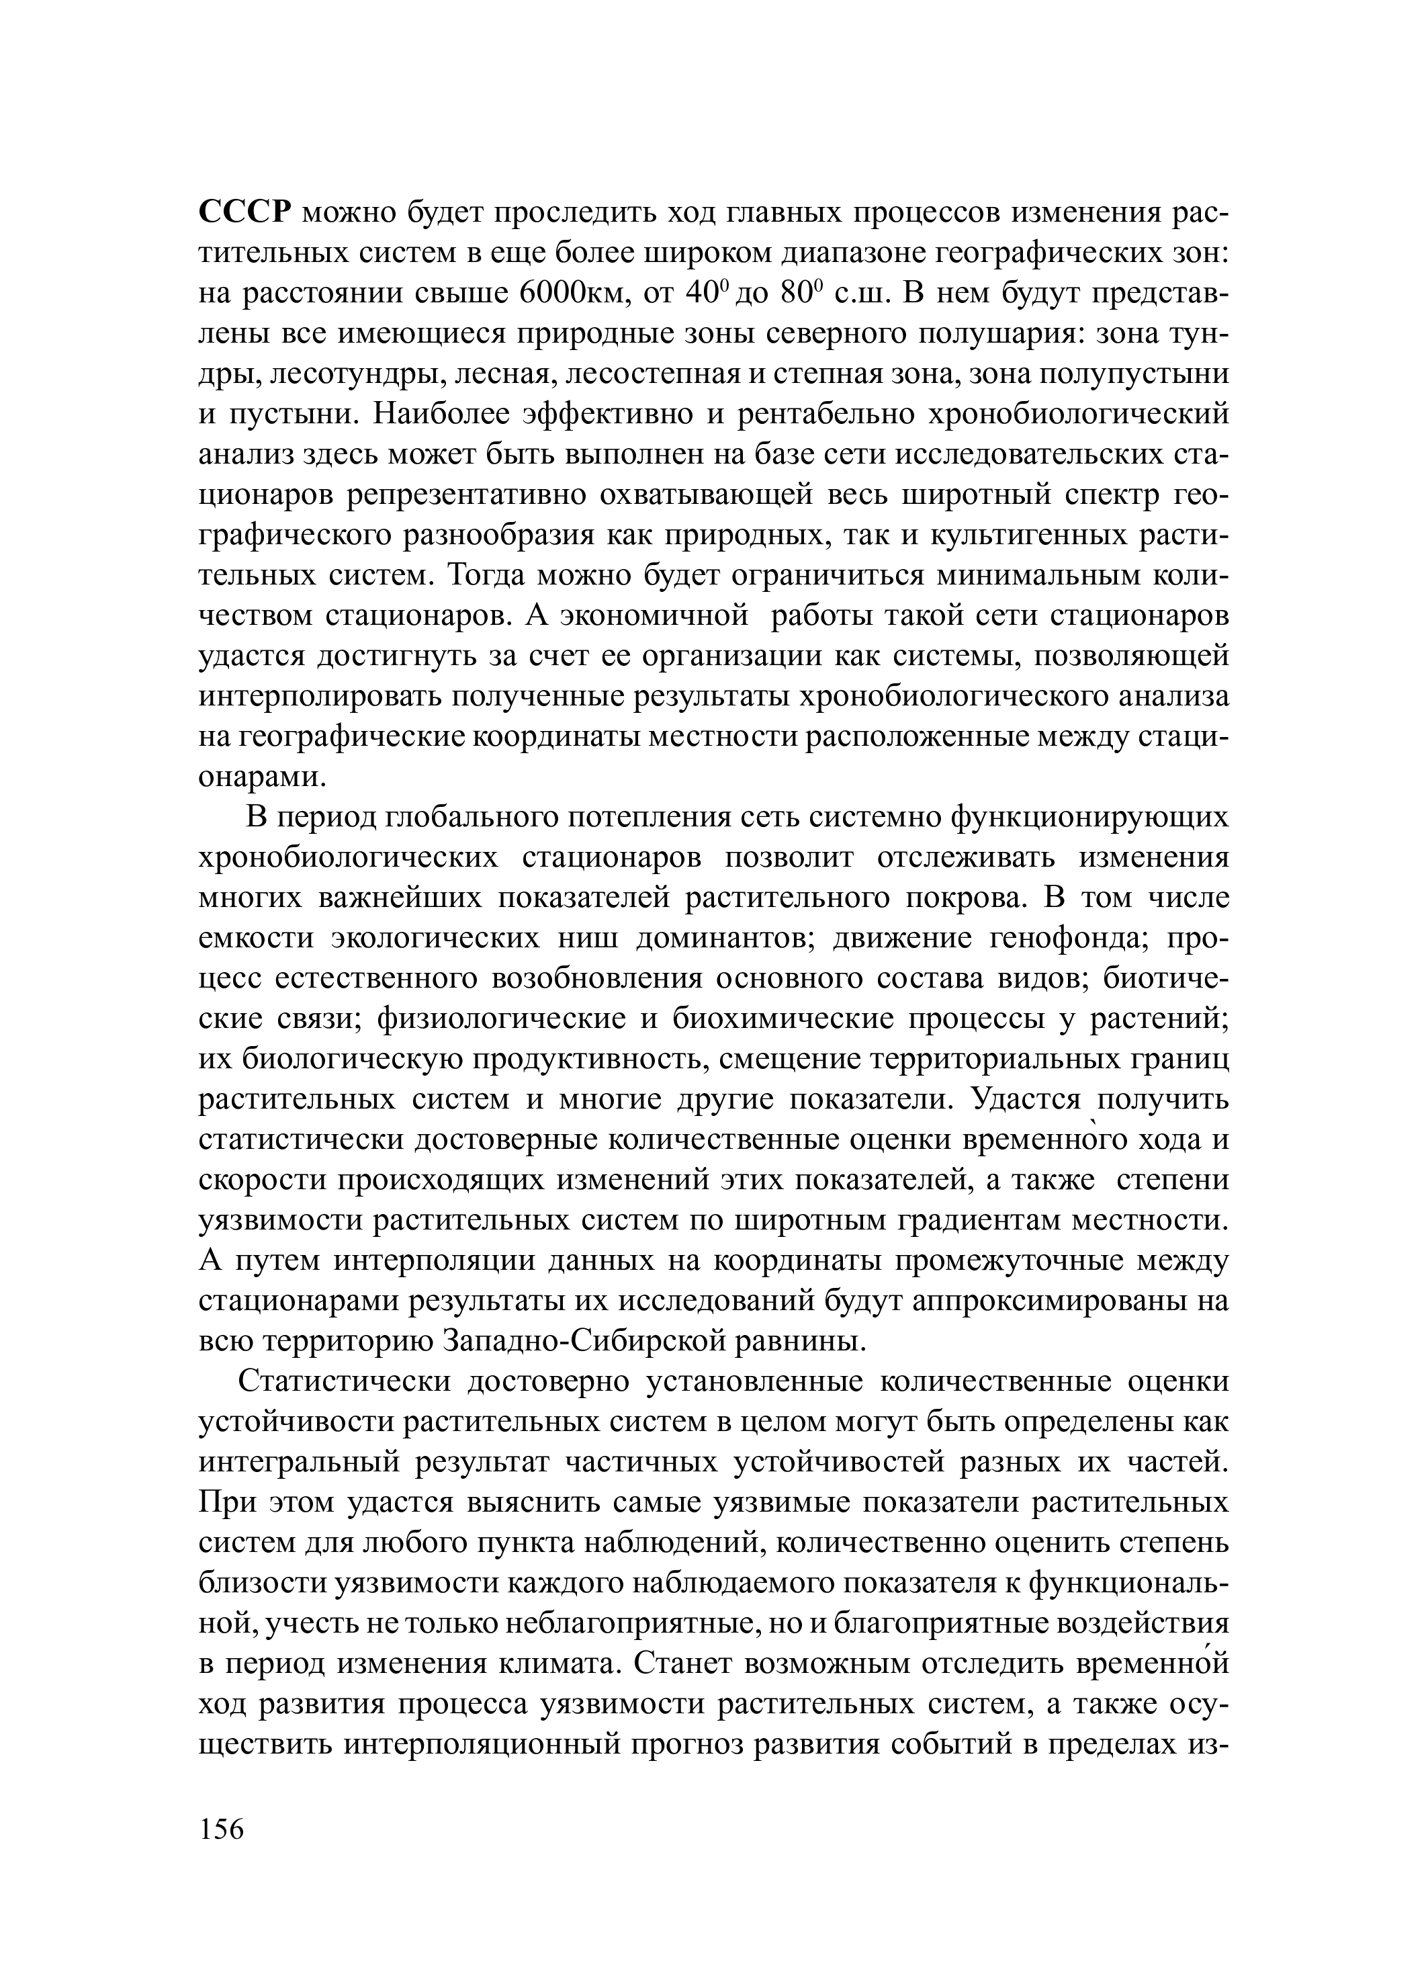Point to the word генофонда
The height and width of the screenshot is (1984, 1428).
point(1066,939)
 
